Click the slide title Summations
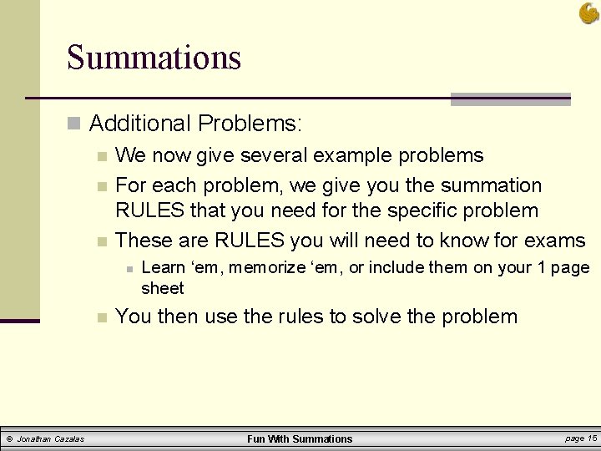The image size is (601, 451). (154, 58)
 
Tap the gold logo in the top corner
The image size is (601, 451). (589, 13)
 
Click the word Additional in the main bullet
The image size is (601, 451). (139, 124)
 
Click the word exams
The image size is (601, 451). (556, 241)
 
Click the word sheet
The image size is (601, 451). (162, 288)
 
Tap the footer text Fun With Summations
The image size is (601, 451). (300, 438)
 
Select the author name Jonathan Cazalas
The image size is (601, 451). (51, 439)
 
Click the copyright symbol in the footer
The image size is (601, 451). (9, 439)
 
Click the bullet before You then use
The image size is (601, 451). (101, 317)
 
